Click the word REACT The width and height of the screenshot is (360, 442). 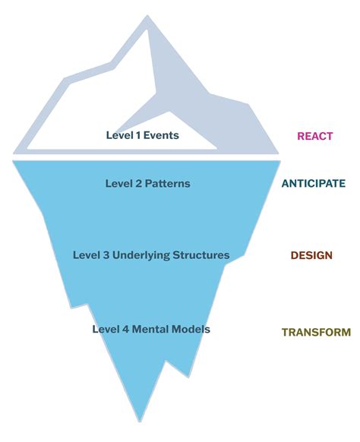coord(315,136)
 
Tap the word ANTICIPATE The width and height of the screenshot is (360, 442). coord(314,184)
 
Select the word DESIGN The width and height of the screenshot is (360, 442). coord(311,255)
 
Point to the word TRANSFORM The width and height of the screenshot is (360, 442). coord(316,332)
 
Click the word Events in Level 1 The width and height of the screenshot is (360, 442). coord(161,135)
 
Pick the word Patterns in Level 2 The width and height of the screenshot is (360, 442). coord(167,184)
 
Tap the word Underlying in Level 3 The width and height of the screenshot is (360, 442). coord(141,255)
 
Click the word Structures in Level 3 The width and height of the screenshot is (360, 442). coord(201,255)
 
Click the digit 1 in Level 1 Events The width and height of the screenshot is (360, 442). coord(138,135)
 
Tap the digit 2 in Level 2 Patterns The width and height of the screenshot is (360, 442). coord(139,184)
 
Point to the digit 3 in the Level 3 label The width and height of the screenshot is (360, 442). coord(106,255)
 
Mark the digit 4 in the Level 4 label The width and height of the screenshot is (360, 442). coord(126,330)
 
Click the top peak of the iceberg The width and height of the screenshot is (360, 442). coord(147,15)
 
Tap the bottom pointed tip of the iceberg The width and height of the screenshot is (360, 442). coord(140,421)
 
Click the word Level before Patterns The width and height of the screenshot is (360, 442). coord(119,184)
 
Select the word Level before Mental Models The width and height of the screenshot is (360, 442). coord(106,330)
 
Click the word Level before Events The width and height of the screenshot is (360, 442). coord(120,135)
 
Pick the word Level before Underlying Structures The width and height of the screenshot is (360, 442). coord(87,255)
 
